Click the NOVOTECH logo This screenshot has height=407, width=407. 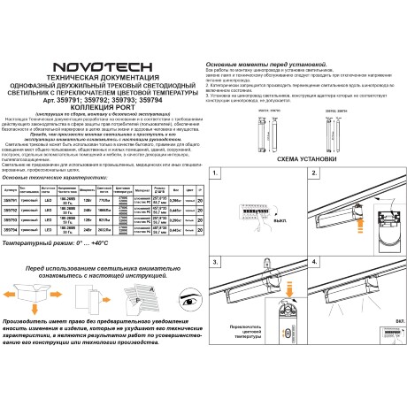(101, 67)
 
